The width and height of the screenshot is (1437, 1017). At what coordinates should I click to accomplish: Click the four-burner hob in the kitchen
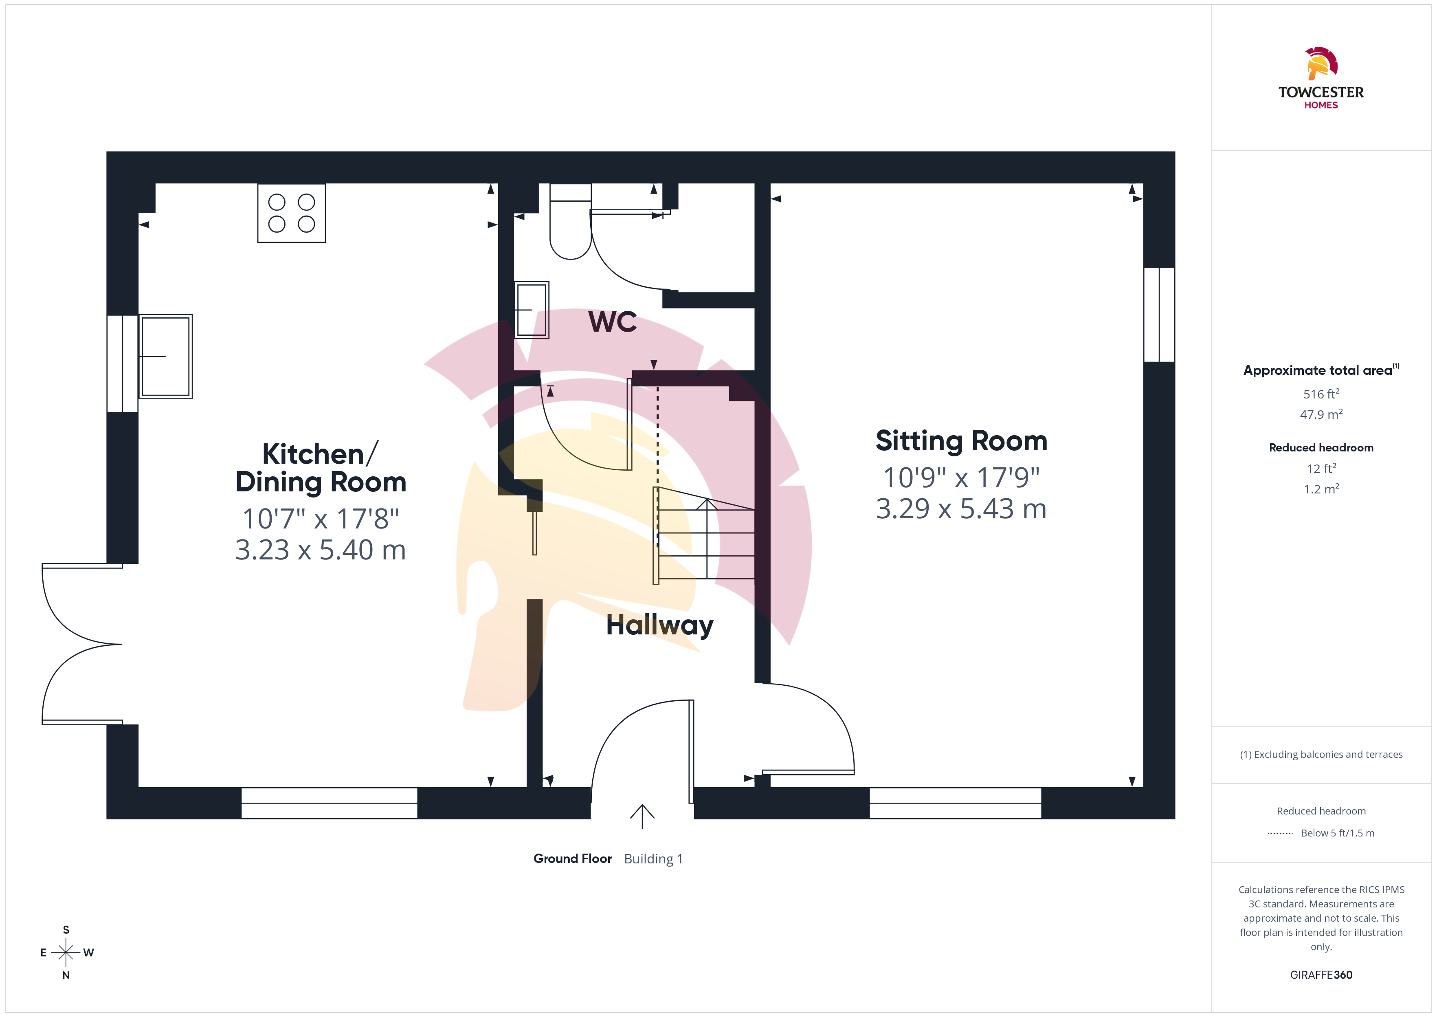[292, 213]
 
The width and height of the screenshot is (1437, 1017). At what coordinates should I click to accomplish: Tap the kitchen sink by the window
[165, 357]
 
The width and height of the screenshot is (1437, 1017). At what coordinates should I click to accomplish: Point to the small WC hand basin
[532, 310]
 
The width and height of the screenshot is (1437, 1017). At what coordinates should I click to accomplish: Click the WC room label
[613, 322]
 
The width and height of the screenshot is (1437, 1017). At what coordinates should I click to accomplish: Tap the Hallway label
[660, 625]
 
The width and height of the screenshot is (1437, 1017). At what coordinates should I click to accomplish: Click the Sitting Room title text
[961, 441]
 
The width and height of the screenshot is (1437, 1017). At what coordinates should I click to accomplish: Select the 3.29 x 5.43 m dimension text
[961, 508]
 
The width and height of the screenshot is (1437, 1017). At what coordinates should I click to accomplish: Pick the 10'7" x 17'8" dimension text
[321, 519]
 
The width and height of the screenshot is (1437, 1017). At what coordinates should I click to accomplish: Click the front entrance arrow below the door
[642, 817]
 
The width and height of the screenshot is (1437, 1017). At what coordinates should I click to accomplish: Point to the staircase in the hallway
[704, 535]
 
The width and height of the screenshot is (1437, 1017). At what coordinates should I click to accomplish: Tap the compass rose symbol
[66, 953]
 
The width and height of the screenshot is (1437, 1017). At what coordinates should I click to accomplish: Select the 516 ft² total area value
[1321, 394]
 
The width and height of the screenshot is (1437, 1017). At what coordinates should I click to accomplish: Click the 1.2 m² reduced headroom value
[1321, 489]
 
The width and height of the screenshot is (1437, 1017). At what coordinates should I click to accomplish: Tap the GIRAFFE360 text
[1321, 975]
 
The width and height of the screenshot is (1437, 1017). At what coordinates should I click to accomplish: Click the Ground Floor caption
[573, 859]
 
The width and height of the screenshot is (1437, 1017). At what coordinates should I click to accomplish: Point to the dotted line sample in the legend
[1281, 834]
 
